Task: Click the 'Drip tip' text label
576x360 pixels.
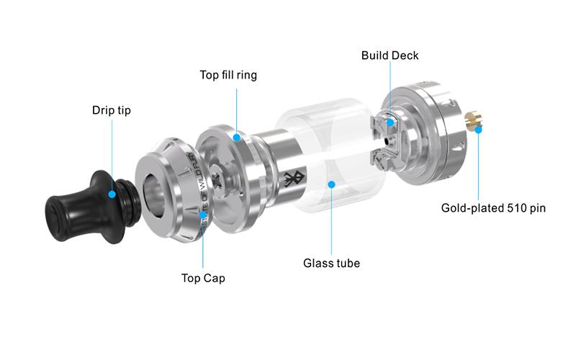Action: (x=112, y=111)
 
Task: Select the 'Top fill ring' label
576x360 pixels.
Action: (x=228, y=75)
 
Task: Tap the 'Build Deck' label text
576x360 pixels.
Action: (x=390, y=55)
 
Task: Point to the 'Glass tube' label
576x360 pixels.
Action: (x=331, y=263)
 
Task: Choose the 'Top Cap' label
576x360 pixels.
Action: (x=203, y=277)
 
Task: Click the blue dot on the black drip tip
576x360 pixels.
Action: (x=112, y=194)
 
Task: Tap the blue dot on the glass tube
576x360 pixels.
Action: (x=331, y=184)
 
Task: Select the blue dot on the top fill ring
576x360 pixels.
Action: (x=237, y=137)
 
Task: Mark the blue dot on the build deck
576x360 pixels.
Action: (x=390, y=122)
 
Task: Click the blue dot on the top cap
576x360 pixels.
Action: (x=203, y=215)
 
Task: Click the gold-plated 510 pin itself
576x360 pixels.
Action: (x=472, y=122)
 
